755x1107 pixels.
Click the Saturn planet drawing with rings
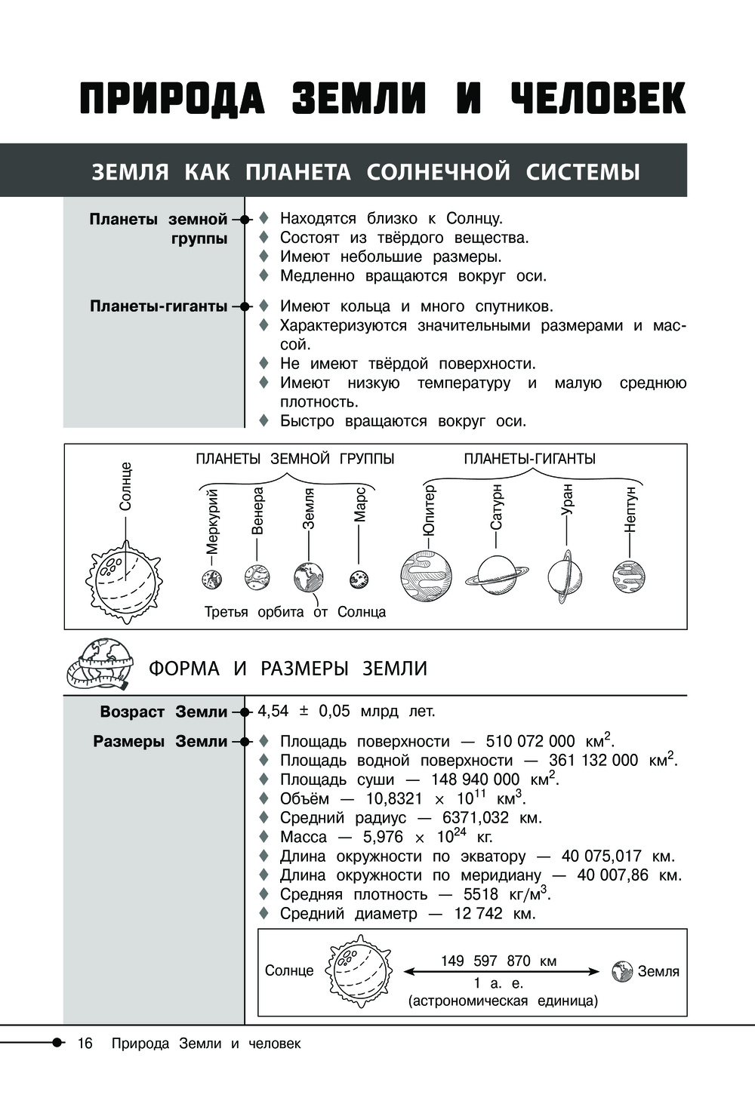[x=496, y=575]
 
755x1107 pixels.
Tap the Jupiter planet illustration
[x=427, y=577]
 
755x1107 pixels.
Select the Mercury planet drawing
[x=211, y=580]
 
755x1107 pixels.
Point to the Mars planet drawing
[x=359, y=580]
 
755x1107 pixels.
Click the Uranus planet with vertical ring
[x=565, y=577]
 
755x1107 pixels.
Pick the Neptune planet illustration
[x=629, y=577]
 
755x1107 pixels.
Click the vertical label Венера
[x=257, y=511]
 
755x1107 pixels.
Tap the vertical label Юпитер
[x=429, y=510]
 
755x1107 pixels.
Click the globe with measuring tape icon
[x=100, y=664]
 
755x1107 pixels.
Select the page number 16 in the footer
[x=85, y=1044]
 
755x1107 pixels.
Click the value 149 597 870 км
[x=498, y=961]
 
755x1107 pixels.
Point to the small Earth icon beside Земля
[x=622, y=972]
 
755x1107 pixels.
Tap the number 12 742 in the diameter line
[x=478, y=913]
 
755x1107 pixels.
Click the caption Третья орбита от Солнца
[x=295, y=612]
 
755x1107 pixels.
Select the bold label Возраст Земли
[x=163, y=712]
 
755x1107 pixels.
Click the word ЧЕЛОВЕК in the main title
[x=598, y=98]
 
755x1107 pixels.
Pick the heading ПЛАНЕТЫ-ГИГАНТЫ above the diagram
[x=529, y=459]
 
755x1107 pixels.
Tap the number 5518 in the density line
[x=481, y=894]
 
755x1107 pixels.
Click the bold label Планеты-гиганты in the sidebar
[x=159, y=306]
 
